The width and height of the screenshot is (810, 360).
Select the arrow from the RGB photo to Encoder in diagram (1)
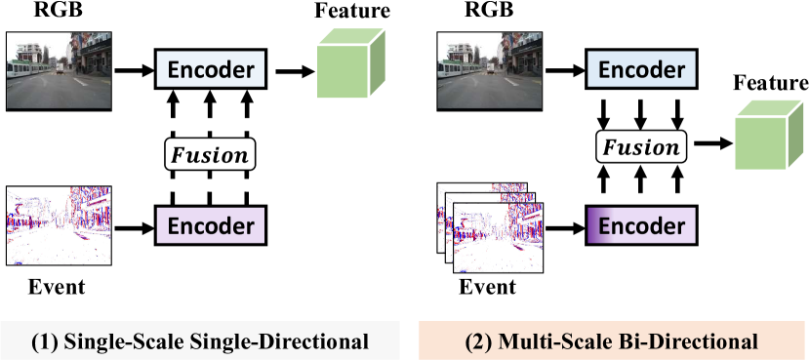point(132,69)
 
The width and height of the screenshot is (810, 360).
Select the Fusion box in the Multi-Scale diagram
point(638,148)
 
